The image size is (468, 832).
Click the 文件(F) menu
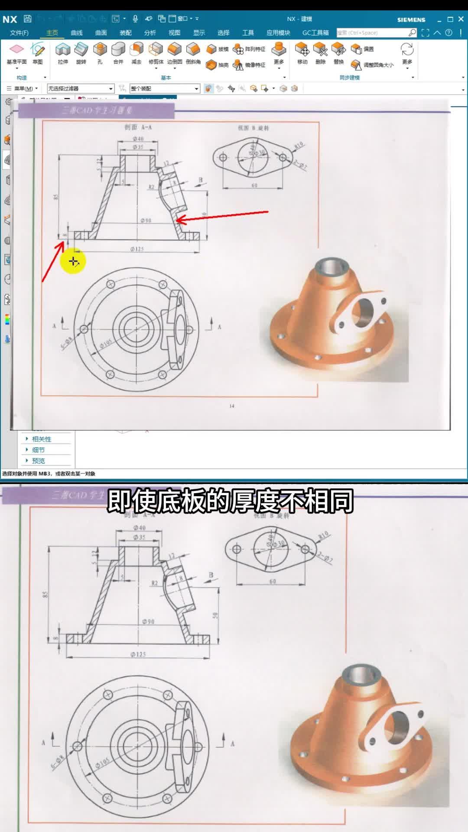(x=19, y=33)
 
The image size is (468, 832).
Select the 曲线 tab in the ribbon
(x=77, y=33)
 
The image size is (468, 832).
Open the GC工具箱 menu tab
(x=315, y=33)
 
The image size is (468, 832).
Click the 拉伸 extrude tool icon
(x=63, y=50)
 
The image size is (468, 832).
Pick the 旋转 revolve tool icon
(x=81, y=50)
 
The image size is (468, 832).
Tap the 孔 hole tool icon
(x=100, y=50)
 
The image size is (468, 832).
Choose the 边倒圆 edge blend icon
(x=175, y=50)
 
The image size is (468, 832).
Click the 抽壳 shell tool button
(x=217, y=65)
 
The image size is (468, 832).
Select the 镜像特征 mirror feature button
(x=250, y=65)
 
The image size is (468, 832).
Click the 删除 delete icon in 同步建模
(x=321, y=50)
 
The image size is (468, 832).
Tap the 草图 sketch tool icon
(x=38, y=50)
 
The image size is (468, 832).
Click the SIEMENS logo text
(x=411, y=20)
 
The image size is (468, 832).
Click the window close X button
(x=461, y=19)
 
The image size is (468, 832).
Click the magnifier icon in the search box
(x=412, y=32)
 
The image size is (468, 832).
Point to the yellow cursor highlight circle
(x=73, y=261)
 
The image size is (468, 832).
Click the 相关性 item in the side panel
(x=42, y=439)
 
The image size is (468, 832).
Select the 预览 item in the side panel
(x=39, y=461)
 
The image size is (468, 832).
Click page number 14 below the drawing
(x=232, y=406)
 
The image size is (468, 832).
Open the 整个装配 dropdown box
(x=165, y=88)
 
